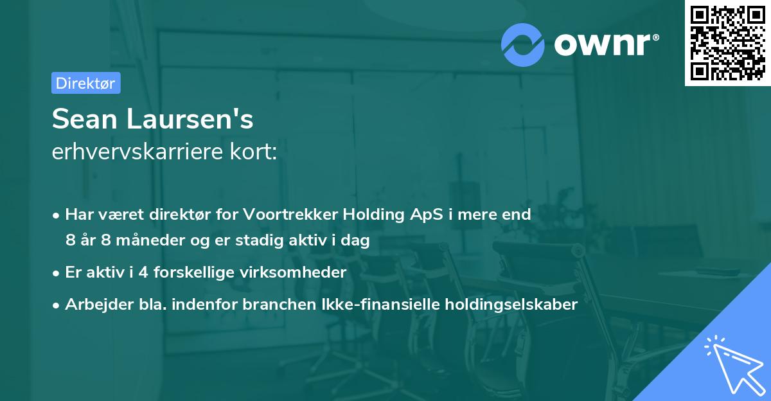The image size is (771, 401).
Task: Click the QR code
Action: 727,43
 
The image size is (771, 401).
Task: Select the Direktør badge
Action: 85,83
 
